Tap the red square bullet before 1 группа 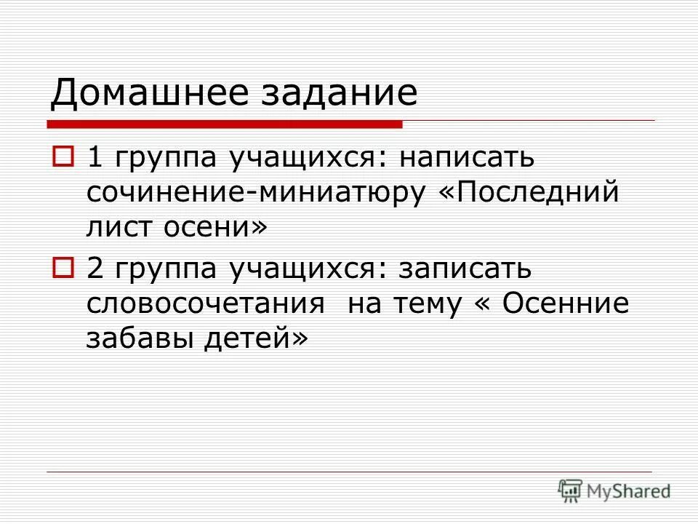point(63,156)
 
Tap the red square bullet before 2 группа point(63,269)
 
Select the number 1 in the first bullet point(95,156)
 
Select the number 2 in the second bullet point(95,269)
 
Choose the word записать point(465,269)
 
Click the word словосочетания point(206,304)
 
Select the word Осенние point(566,304)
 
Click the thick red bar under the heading point(225,124)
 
